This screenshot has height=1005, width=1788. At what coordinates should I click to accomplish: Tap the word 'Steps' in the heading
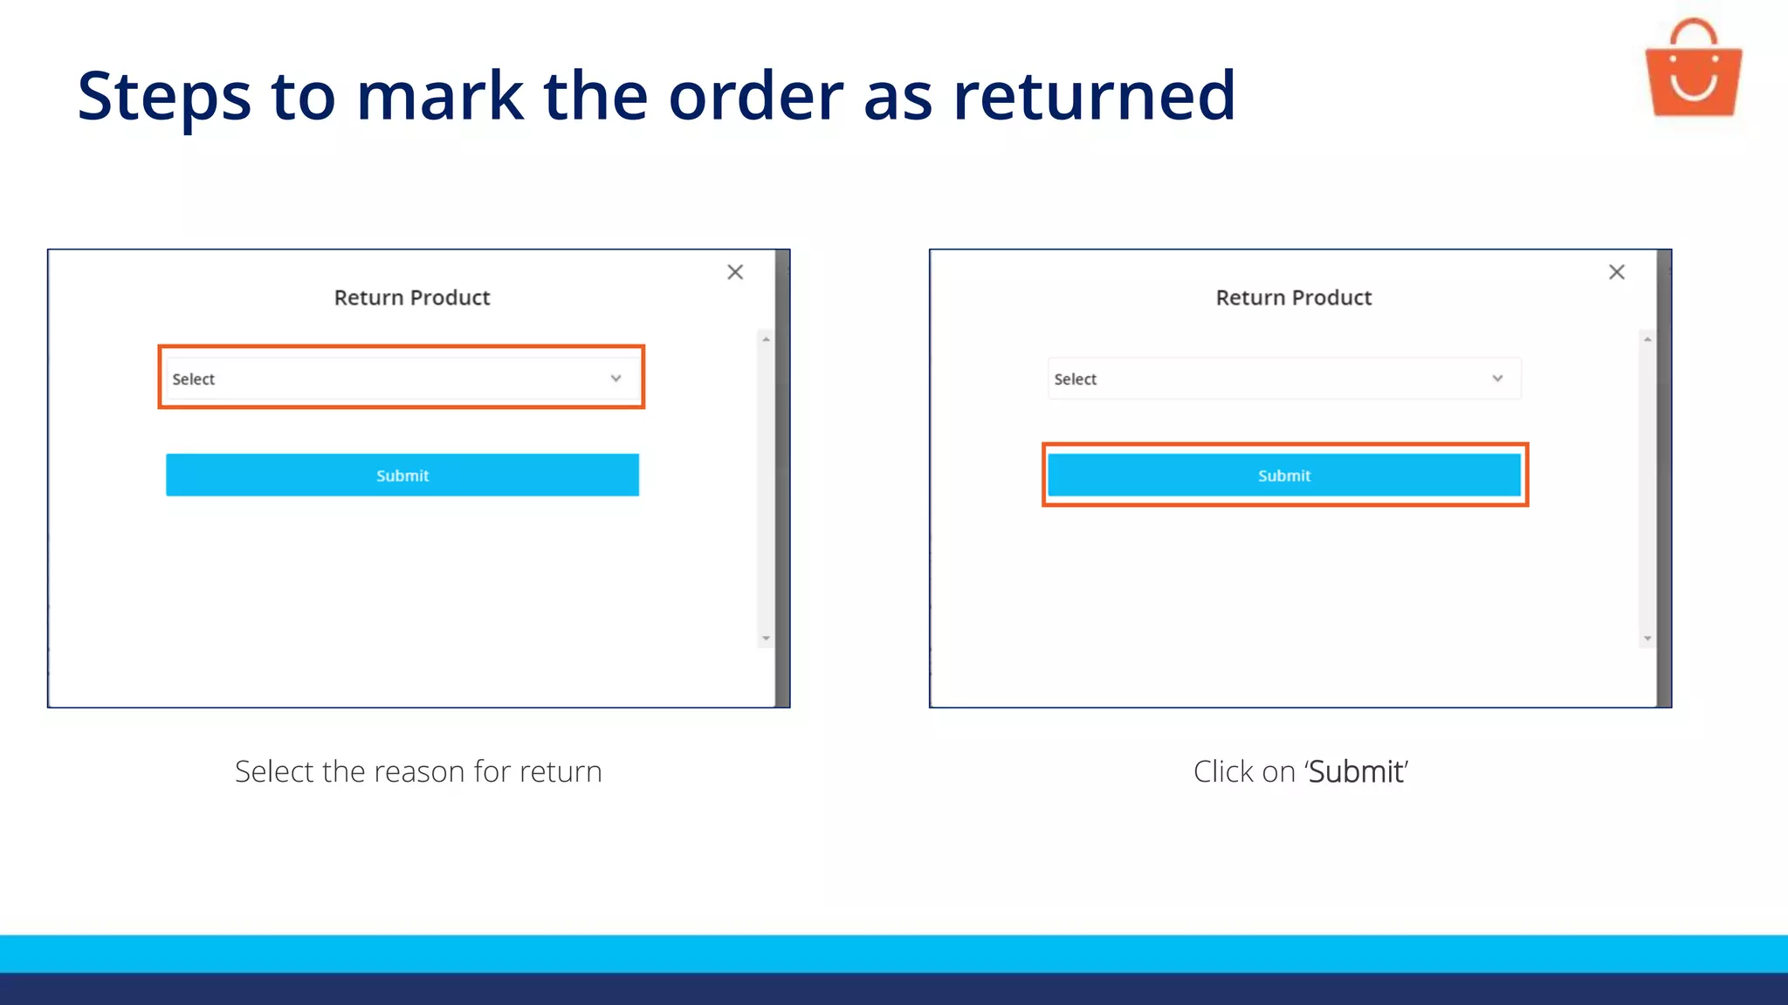tap(164, 96)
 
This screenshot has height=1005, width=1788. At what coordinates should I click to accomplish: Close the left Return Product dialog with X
tap(735, 272)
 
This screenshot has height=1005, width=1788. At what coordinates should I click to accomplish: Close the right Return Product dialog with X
tap(1617, 272)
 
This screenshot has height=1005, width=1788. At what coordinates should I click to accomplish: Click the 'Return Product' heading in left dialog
tap(412, 297)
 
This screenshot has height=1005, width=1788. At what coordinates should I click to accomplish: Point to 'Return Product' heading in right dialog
tap(1294, 297)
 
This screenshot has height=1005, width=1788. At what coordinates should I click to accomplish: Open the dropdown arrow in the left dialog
tap(615, 379)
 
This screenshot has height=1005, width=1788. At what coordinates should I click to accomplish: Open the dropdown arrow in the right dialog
tap(1497, 379)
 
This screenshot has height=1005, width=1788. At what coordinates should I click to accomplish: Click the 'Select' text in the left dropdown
tap(194, 379)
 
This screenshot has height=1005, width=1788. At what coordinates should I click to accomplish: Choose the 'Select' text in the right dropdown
tap(1076, 379)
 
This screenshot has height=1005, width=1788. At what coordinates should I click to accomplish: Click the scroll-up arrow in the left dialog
tap(766, 338)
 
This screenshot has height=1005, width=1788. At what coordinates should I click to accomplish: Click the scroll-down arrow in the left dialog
tap(766, 639)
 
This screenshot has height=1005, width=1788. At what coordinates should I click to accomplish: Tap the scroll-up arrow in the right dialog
tap(1647, 338)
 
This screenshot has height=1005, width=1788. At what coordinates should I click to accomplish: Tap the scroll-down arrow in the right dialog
tap(1647, 639)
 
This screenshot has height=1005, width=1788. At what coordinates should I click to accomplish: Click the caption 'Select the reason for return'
tap(418, 771)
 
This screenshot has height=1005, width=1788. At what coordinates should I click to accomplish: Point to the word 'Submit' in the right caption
tap(1356, 772)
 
